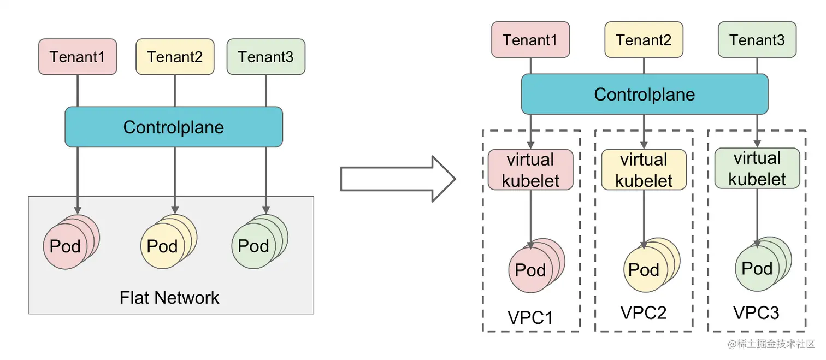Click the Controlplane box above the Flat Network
[174, 127]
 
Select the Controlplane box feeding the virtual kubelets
[645, 94]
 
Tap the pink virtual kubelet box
[530, 169]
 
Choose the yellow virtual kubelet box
[644, 169]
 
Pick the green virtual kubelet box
[757, 168]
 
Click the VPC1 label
[530, 317]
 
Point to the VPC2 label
[644, 312]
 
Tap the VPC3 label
[756, 312]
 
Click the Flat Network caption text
[169, 298]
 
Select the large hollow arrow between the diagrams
[397, 179]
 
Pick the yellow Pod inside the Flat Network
[163, 246]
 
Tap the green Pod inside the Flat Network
[254, 246]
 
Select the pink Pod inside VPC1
[530, 270]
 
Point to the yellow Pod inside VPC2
[644, 270]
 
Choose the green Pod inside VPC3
[757, 269]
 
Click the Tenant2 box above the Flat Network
[175, 57]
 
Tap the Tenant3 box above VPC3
[757, 40]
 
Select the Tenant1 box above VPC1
[530, 40]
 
